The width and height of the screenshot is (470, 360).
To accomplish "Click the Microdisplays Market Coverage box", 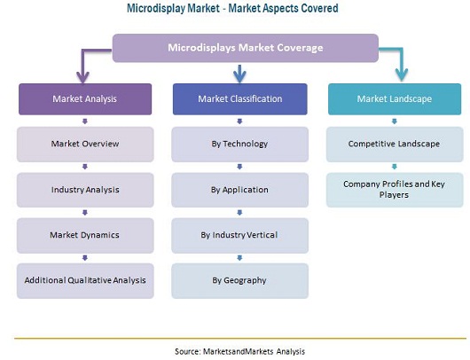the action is (x=245, y=48).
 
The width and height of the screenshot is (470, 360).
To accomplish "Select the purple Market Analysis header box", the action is (x=85, y=99).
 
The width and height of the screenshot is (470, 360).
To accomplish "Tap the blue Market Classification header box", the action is (x=239, y=99).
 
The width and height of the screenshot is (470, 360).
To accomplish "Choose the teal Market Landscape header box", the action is (x=395, y=99).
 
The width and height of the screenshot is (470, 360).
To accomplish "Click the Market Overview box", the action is (x=85, y=145).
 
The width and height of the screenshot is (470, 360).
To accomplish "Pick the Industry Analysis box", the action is (x=85, y=190).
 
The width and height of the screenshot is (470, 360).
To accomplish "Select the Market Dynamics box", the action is (x=85, y=235).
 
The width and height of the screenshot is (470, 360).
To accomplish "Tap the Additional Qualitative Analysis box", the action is (x=85, y=280).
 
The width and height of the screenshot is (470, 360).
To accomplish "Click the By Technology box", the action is (x=239, y=145).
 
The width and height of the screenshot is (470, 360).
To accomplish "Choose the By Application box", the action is (x=239, y=190).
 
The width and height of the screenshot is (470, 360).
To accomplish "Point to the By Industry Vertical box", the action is (x=239, y=235).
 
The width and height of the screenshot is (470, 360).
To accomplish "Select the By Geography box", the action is (x=239, y=280).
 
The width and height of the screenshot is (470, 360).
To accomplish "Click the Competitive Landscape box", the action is (x=395, y=145).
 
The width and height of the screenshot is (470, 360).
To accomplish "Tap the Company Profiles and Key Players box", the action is (x=395, y=190).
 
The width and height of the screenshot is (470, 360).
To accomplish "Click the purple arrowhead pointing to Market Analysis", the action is (x=82, y=77).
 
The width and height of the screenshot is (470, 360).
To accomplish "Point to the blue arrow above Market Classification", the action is (x=239, y=74).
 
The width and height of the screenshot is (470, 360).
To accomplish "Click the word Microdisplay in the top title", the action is (x=155, y=8).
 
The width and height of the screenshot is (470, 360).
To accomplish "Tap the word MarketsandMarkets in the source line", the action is (x=239, y=351).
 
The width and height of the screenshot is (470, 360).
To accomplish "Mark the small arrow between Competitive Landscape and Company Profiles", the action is (x=395, y=167).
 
